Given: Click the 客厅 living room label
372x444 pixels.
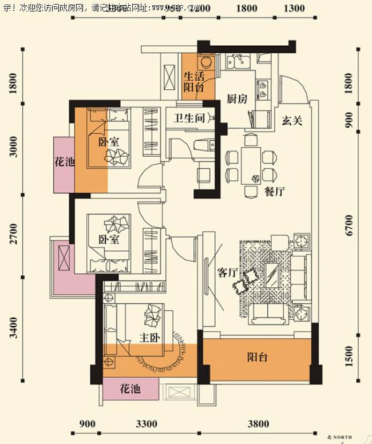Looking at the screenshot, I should (228, 273).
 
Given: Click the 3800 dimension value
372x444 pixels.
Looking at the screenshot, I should (258, 424).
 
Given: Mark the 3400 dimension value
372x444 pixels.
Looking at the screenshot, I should (13, 327).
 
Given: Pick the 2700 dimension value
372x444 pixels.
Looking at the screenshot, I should (13, 236).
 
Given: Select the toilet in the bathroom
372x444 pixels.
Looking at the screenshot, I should (201, 147).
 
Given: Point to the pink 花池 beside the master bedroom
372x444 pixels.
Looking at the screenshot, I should (130, 390).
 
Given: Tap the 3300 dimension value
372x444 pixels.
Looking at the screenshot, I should (147, 424).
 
